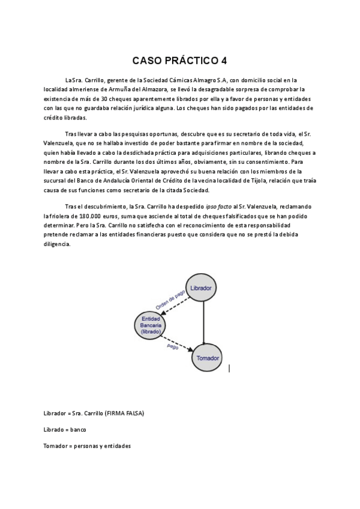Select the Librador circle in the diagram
pos(200,288)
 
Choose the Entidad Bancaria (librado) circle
pos(148,324)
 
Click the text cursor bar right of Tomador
pos(229,369)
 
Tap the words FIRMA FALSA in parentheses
pos(125,414)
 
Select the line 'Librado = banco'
pos(65,430)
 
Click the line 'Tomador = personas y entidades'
pos(86,446)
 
